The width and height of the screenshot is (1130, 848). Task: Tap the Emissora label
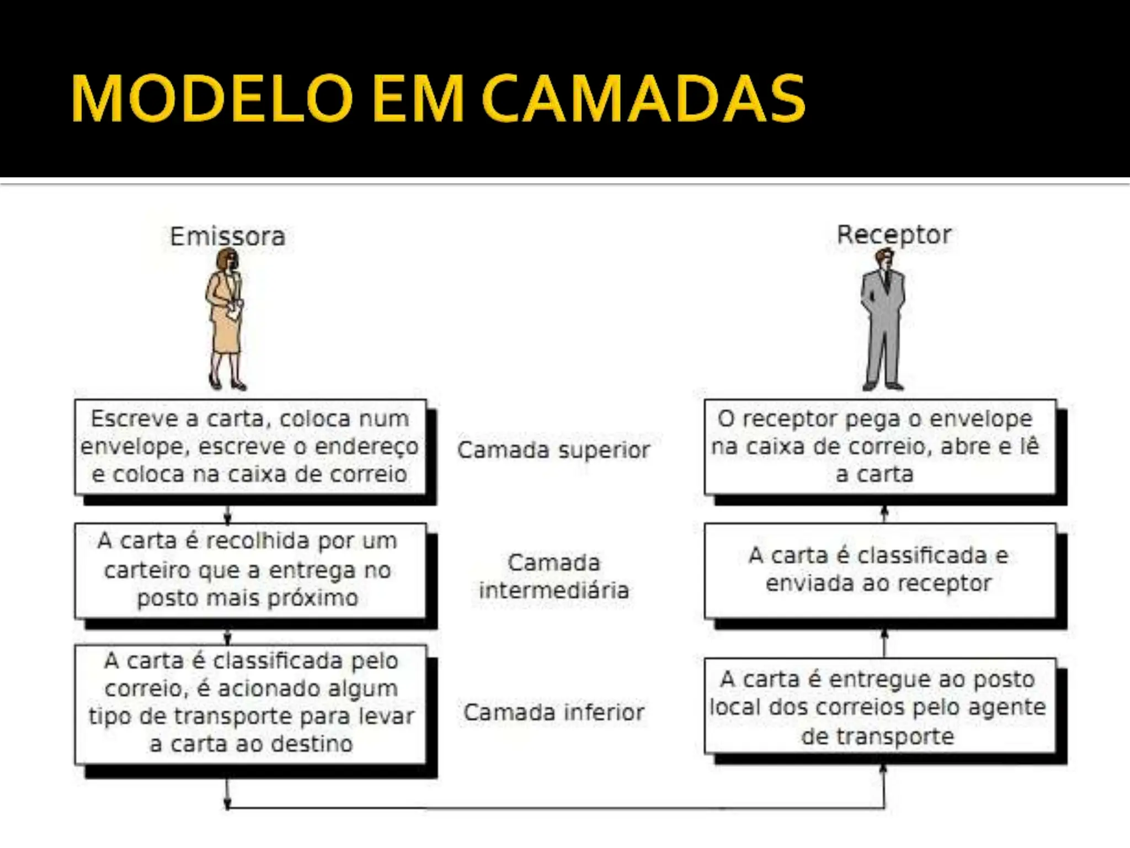(227, 237)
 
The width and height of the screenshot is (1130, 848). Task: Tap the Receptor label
(894, 235)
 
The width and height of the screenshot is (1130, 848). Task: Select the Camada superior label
(553, 450)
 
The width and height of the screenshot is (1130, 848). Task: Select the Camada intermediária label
(553, 576)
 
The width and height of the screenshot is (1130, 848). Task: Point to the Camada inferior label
(553, 712)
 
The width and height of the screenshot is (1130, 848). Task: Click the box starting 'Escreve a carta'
(250, 447)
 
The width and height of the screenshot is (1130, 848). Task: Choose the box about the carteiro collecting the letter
(250, 570)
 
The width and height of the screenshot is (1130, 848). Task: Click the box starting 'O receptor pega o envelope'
(880, 447)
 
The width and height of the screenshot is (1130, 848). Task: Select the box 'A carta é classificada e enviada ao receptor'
(880, 570)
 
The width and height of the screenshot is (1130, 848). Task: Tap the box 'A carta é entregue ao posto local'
(880, 707)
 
